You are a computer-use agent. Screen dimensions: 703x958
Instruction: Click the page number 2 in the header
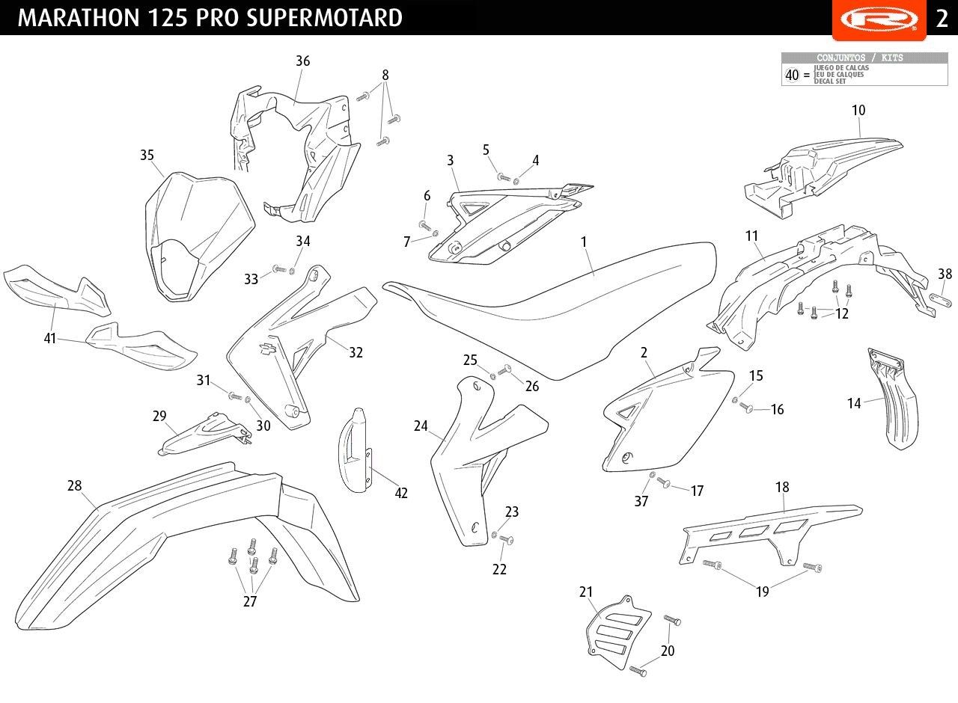pyautogui.click(x=942, y=18)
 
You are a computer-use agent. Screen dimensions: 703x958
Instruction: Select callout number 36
pyautogui.click(x=302, y=61)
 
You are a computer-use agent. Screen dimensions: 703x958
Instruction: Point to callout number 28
pyautogui.click(x=74, y=486)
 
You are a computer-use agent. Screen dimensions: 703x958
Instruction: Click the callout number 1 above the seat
pyautogui.click(x=584, y=242)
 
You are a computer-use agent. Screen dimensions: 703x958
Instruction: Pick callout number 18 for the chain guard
pyautogui.click(x=782, y=488)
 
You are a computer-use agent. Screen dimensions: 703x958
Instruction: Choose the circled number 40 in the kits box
pyautogui.click(x=792, y=75)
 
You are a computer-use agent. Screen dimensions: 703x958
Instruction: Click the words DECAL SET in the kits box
pyautogui.click(x=831, y=81)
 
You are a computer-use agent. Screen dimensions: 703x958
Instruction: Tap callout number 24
pyautogui.click(x=421, y=426)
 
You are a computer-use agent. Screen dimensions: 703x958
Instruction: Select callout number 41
pyautogui.click(x=50, y=340)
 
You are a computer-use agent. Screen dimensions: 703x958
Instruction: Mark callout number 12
pyautogui.click(x=843, y=314)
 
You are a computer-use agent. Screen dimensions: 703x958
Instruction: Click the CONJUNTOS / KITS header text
pyautogui.click(x=859, y=58)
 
